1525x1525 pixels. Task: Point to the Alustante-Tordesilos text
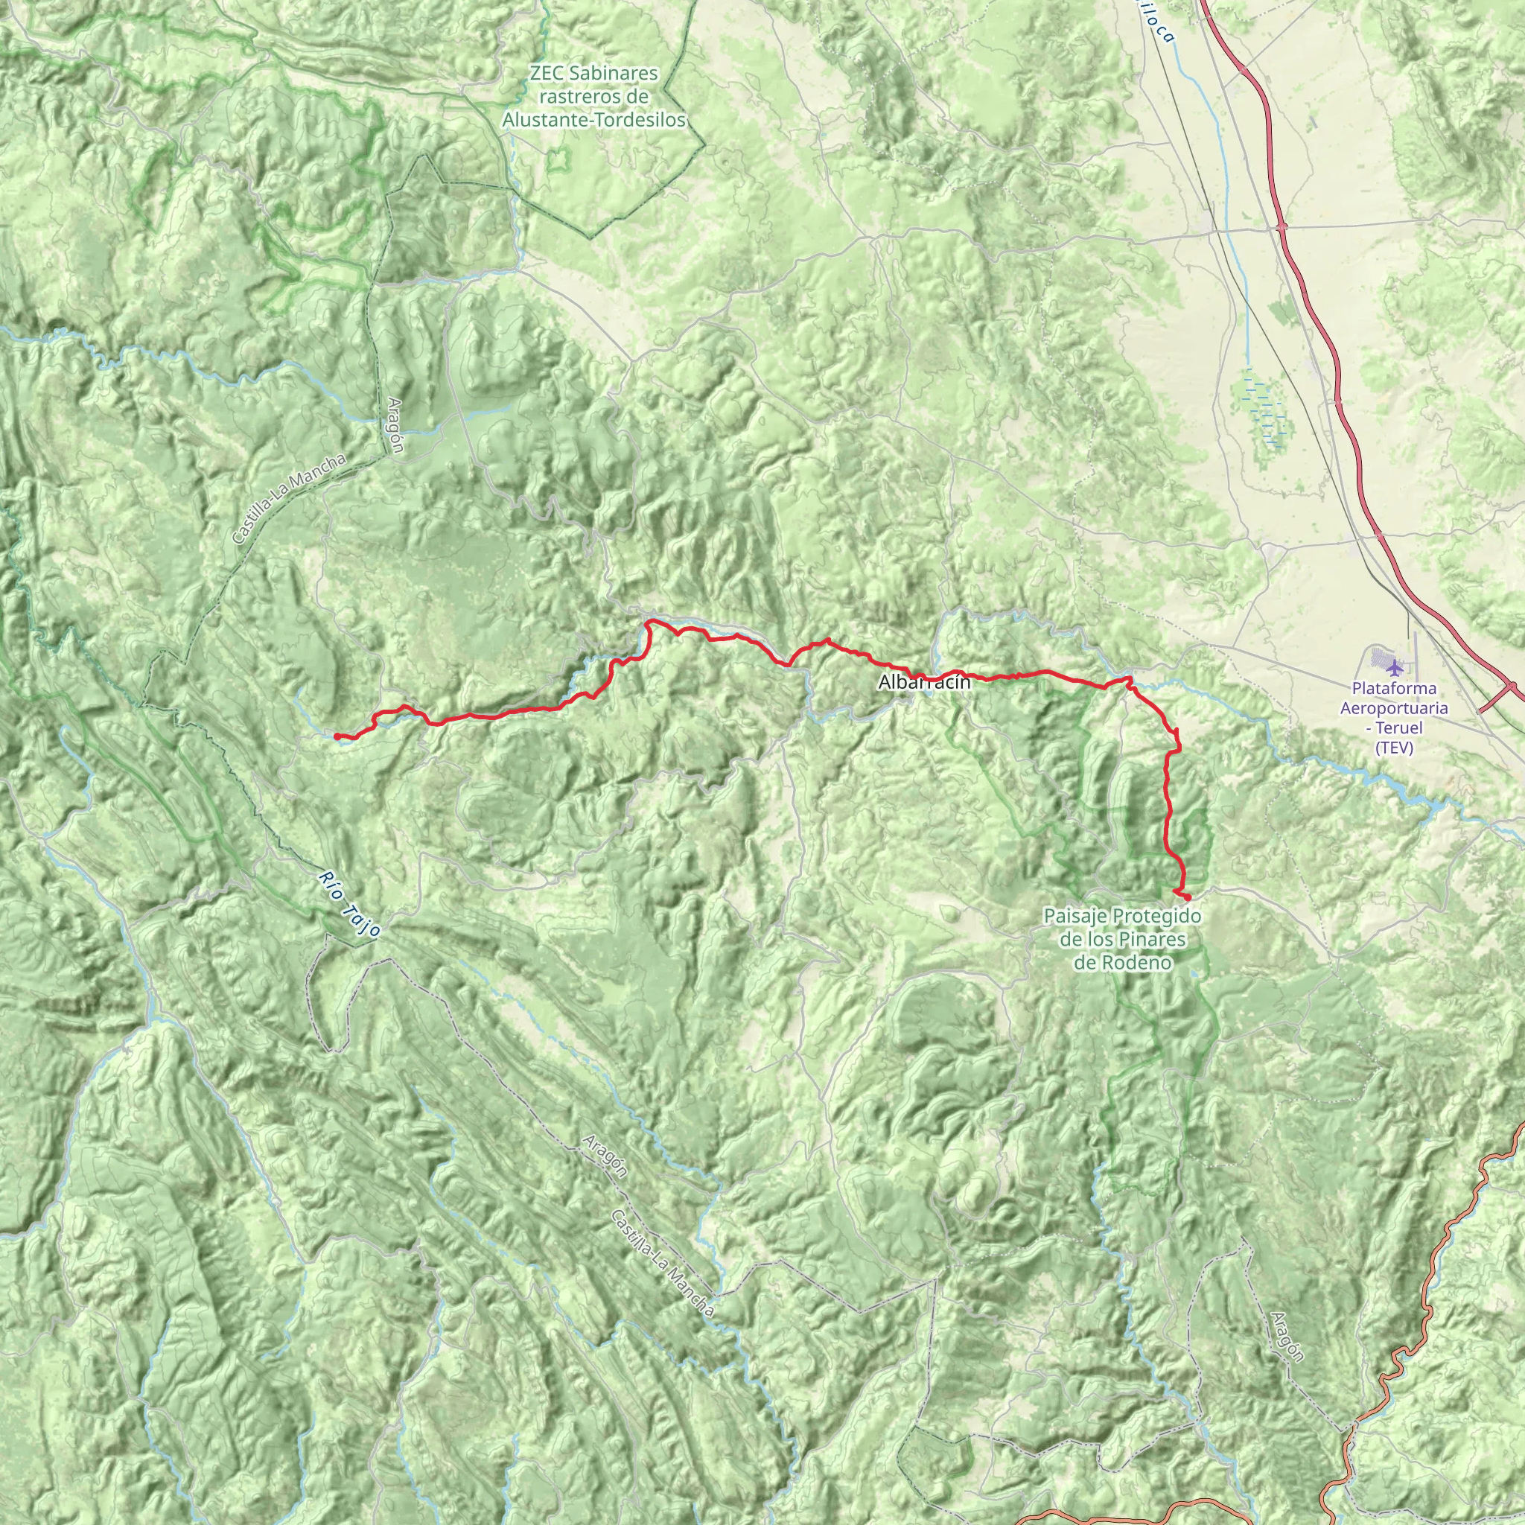point(593,120)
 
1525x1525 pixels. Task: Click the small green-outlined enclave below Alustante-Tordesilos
point(560,162)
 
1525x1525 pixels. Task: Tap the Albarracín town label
point(923,683)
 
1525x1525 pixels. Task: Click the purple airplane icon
point(1395,668)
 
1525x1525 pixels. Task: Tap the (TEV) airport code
point(1394,747)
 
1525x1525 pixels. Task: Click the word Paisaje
point(1075,917)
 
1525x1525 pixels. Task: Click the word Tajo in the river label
point(363,920)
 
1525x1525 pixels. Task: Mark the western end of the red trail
point(337,736)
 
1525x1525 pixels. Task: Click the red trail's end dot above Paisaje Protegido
point(1186,896)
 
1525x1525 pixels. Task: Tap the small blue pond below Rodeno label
point(1194,975)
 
